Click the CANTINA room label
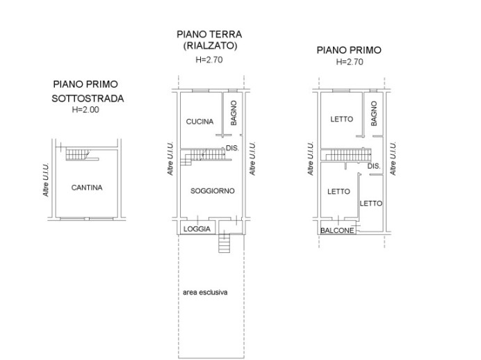tap(87, 188)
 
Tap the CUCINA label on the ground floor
tap(199, 122)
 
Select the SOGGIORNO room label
tap(212, 190)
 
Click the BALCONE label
tap(338, 231)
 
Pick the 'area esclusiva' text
tap(205, 293)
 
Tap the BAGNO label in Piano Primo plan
tap(374, 113)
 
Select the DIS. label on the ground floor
tap(233, 147)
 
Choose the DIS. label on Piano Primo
tap(373, 167)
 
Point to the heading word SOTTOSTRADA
tap(88, 98)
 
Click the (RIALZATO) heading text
tap(211, 46)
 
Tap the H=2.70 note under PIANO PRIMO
tap(349, 62)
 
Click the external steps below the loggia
tap(224, 244)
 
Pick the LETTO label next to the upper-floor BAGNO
tap(341, 119)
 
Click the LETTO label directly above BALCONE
tap(339, 192)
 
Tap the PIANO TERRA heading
tap(210, 34)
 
